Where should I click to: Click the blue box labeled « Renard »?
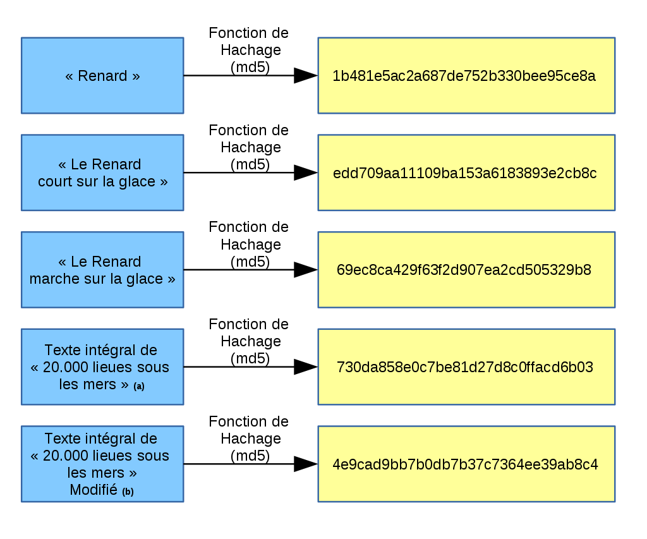[102, 76]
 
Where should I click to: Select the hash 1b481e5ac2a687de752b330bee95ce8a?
[464, 76]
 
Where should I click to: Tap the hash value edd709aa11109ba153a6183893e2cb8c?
[464, 173]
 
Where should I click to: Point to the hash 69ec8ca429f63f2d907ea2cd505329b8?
[464, 270]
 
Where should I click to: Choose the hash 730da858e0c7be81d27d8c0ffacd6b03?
[465, 367]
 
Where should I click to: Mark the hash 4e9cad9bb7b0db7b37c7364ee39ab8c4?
[465, 464]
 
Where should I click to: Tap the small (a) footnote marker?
[139, 386]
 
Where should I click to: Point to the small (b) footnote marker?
[128, 492]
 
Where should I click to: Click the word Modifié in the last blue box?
[94, 490]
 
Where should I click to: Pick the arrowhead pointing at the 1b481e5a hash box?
[306, 76]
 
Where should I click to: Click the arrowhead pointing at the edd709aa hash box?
[306, 173]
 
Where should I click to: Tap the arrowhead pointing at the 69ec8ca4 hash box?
[306, 270]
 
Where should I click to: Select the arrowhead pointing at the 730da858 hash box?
[306, 367]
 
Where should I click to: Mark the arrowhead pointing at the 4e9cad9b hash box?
[306, 464]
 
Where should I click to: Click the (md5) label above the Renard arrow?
[250, 67]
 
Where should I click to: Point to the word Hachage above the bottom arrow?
[251, 439]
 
